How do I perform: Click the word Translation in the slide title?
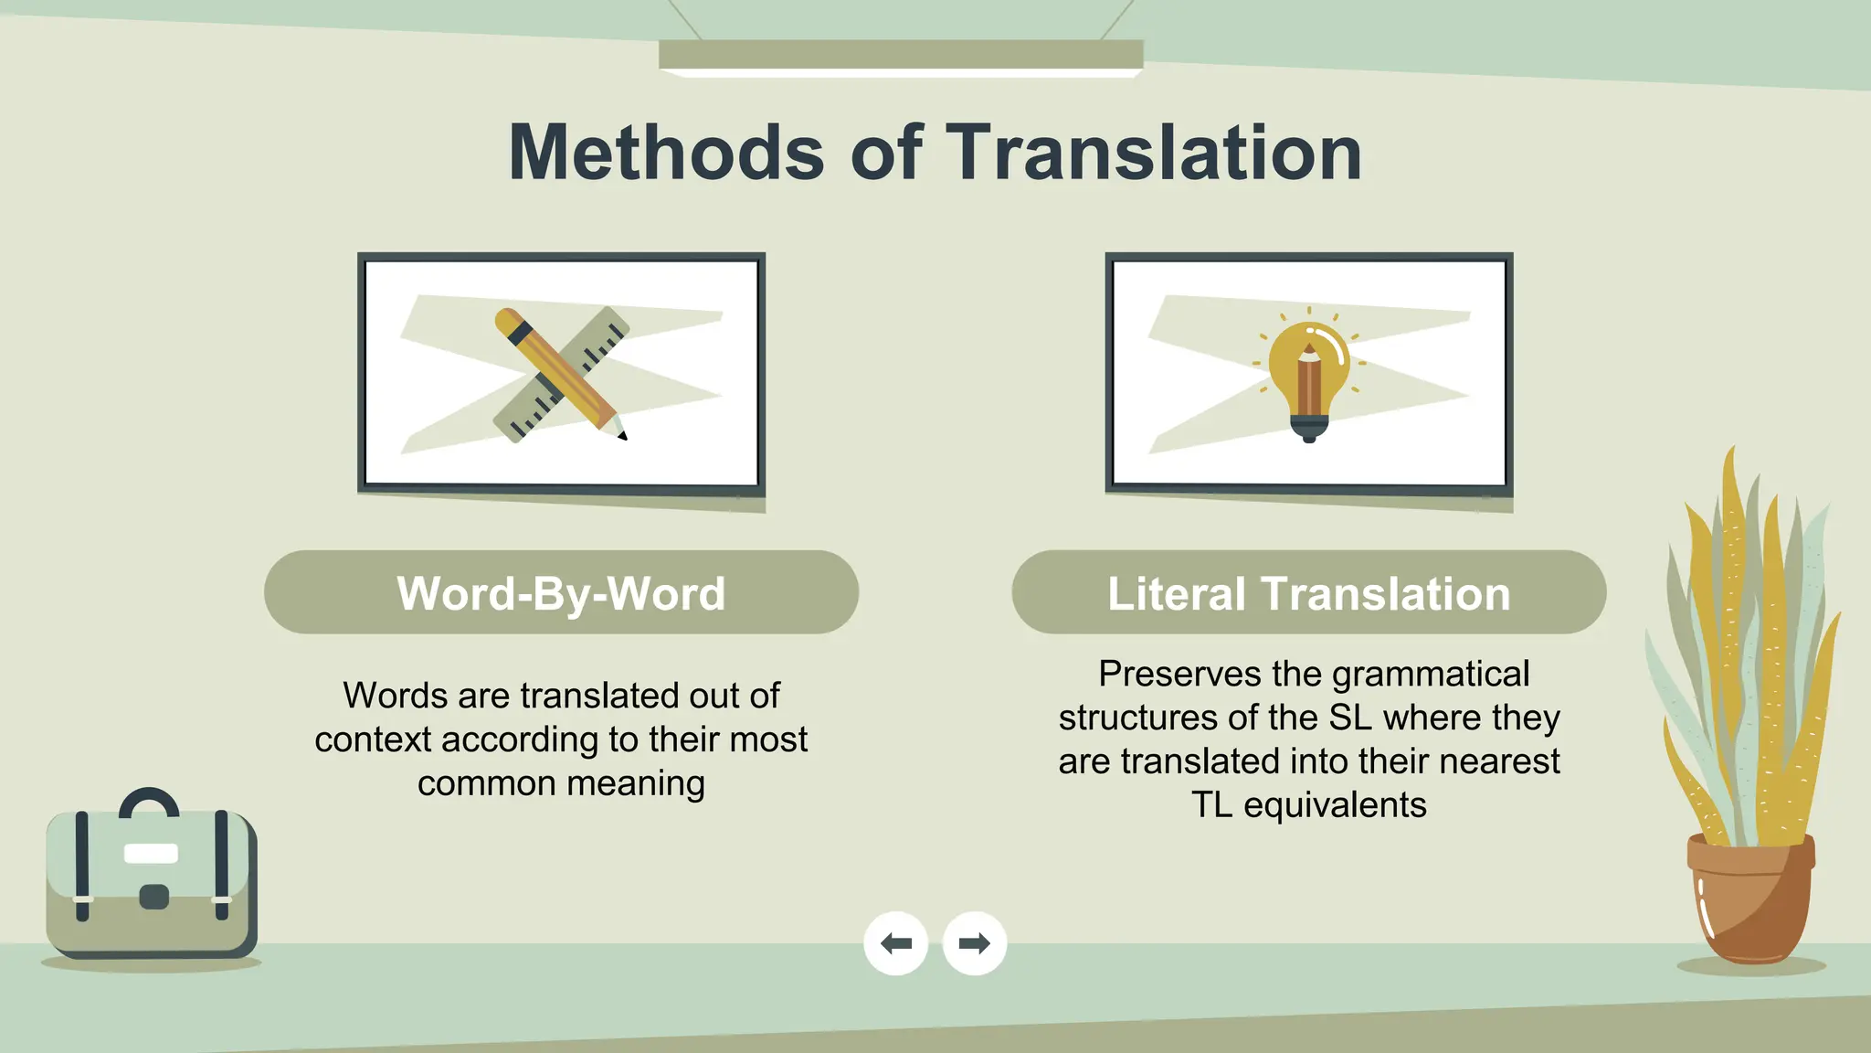(1153, 153)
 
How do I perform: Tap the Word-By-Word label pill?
(561, 592)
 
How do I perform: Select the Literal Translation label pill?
(1308, 592)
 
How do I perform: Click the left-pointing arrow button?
(895, 943)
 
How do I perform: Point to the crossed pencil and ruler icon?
(562, 375)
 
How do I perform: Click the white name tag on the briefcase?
(151, 854)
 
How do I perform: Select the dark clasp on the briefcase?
(153, 897)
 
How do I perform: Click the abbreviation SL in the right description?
(1350, 718)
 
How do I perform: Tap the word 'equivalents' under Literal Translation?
(1335, 806)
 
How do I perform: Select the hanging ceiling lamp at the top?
(901, 57)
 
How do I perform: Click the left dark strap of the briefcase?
(82, 864)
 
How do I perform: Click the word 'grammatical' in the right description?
(1431, 675)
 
